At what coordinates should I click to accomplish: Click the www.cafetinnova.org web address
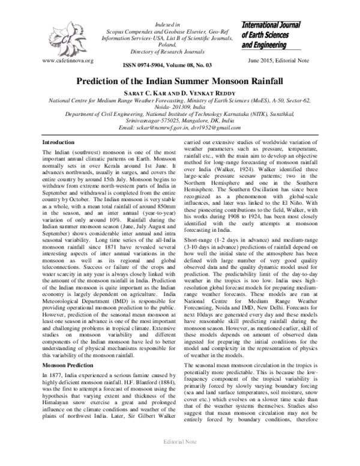tap(67, 61)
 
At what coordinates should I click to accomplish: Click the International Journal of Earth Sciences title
tap(279, 35)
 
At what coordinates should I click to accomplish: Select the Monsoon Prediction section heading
tap(67, 331)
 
